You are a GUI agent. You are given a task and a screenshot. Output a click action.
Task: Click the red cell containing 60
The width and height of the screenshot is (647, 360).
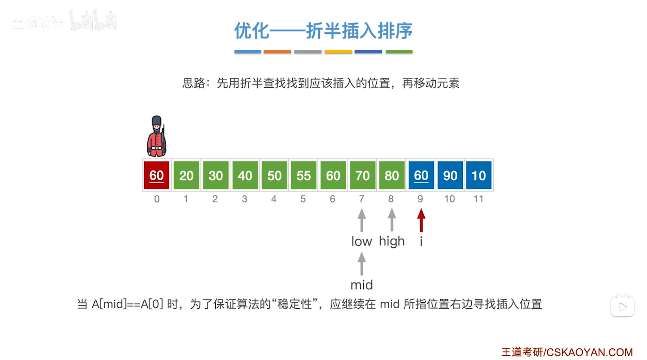[x=157, y=175]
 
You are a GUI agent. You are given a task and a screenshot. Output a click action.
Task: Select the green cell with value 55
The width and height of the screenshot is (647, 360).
[x=303, y=175]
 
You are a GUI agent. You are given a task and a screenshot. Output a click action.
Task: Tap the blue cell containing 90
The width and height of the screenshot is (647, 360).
[x=450, y=175]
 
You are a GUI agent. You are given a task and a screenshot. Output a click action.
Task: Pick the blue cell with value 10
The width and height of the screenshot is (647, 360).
[x=479, y=175]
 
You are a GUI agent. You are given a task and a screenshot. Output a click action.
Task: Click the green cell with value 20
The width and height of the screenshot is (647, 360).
[x=186, y=175]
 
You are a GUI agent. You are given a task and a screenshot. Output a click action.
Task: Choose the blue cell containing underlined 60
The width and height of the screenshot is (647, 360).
[x=421, y=175]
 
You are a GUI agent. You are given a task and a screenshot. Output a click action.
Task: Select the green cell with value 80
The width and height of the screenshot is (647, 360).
[x=392, y=175]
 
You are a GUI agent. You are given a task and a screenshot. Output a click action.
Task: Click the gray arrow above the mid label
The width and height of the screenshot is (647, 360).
[x=362, y=263]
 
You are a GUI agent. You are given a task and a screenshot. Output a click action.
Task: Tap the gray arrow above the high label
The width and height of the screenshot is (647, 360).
[x=392, y=220]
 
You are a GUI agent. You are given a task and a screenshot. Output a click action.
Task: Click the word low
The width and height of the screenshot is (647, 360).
[x=362, y=242]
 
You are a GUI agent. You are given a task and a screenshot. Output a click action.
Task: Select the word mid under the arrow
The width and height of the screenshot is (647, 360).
[x=362, y=285]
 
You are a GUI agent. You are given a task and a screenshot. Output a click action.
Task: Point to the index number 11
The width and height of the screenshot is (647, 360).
[x=478, y=199]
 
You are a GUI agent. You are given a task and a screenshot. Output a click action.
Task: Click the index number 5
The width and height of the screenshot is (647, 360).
[x=303, y=199]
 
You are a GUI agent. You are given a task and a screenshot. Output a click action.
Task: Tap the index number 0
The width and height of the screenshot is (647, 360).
[x=157, y=199]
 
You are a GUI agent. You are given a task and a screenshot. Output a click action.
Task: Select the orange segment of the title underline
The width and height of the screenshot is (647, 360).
[x=277, y=52]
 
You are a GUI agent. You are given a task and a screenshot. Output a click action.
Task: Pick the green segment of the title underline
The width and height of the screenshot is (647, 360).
[x=399, y=52]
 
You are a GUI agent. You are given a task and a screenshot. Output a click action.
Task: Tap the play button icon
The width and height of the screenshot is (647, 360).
[x=622, y=307]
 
